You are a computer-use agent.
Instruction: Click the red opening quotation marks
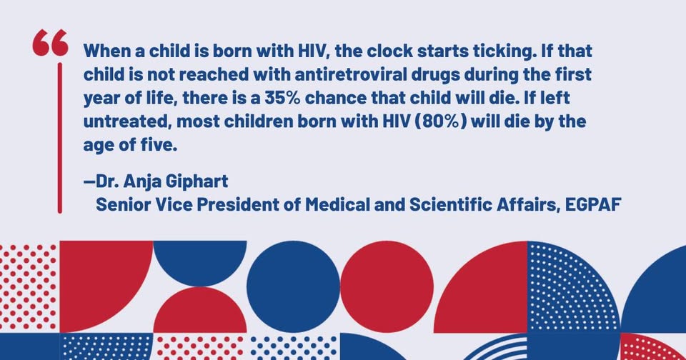click(x=50, y=42)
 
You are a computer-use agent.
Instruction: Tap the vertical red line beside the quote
click(x=60, y=138)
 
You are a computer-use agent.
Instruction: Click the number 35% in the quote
click(x=282, y=98)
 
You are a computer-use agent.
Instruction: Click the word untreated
click(x=127, y=121)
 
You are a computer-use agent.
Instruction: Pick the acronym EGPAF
click(x=593, y=204)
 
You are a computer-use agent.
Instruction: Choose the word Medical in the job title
click(x=337, y=204)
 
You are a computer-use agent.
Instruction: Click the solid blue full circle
click(x=293, y=286)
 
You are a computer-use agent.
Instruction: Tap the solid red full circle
click(x=387, y=286)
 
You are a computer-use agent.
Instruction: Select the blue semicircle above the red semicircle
click(x=200, y=261)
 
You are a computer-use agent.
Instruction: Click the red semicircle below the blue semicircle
click(x=200, y=311)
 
